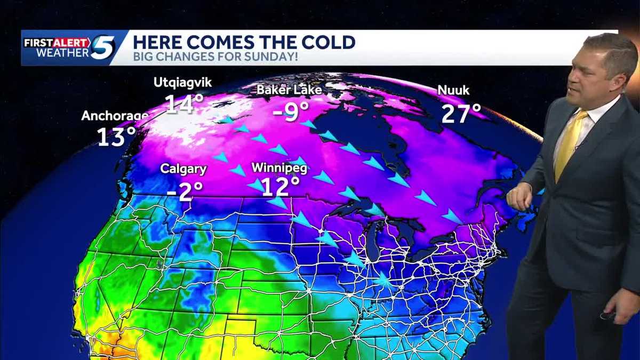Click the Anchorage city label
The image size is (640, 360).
(114, 116)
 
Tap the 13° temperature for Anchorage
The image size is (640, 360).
(116, 137)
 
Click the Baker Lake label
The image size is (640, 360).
(289, 90)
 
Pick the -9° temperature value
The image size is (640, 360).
(291, 112)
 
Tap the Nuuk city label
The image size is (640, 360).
(453, 91)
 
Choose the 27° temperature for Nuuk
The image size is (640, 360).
(461, 114)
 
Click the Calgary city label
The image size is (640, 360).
(183, 170)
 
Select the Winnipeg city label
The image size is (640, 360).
(279, 169)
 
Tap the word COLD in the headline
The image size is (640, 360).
(327, 42)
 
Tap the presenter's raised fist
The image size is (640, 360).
(518, 196)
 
